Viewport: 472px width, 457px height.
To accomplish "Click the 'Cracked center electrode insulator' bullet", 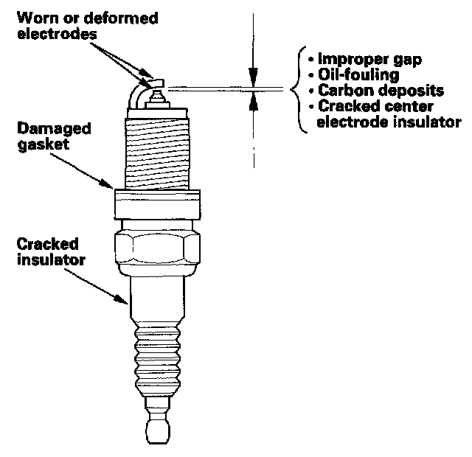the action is [387, 114].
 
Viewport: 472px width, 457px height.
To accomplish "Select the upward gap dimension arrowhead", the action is [253, 101].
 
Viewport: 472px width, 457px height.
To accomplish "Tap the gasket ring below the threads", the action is [158, 202].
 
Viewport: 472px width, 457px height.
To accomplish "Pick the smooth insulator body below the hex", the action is [158, 299].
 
